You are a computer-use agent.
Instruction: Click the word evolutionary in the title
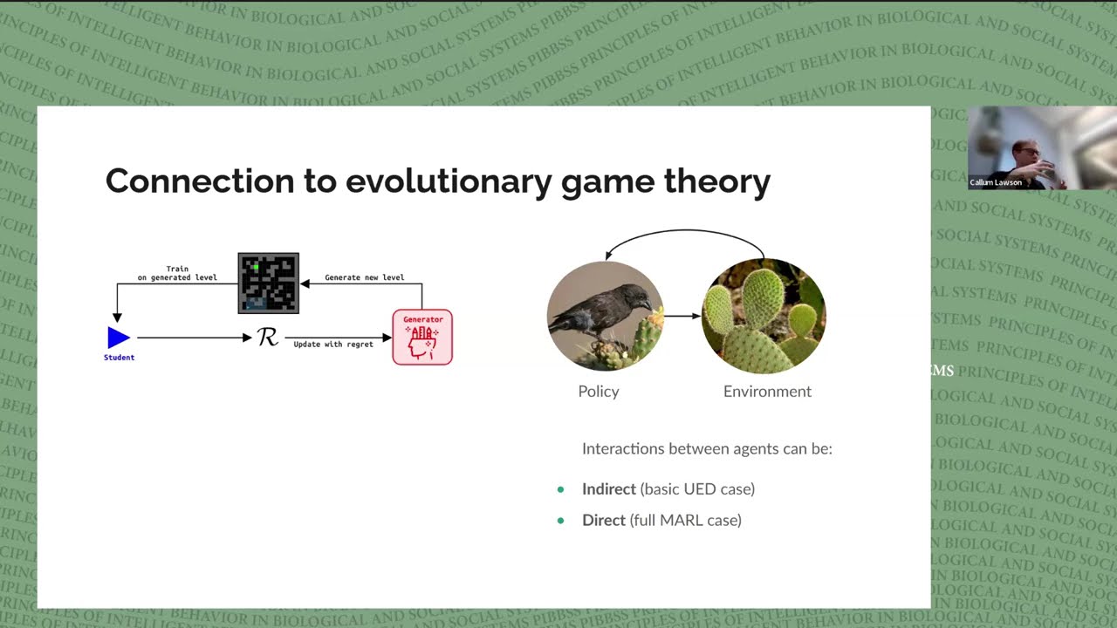click(449, 181)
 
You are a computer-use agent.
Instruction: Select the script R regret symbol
click(268, 337)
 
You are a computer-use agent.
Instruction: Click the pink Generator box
click(422, 338)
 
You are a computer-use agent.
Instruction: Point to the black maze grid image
click(269, 283)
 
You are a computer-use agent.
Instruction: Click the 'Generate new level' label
click(364, 277)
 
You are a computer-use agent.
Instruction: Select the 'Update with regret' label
click(333, 345)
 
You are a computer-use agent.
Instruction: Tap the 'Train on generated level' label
click(177, 273)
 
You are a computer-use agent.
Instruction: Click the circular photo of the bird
click(605, 316)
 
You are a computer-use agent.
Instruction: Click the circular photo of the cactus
click(764, 316)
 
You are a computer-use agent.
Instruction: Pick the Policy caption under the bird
click(599, 392)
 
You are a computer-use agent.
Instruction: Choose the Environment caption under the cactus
click(767, 392)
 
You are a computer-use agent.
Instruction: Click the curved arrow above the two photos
click(685, 232)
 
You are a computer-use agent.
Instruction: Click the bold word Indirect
click(608, 489)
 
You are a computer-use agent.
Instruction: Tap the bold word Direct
click(604, 521)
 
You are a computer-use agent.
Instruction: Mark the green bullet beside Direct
click(561, 521)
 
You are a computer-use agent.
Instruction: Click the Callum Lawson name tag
click(996, 182)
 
